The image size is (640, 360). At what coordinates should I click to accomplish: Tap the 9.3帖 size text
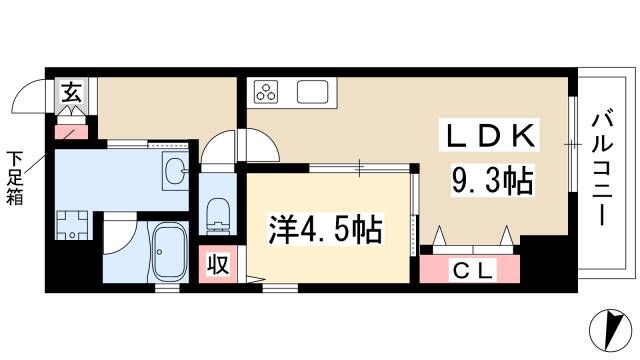tap(489, 182)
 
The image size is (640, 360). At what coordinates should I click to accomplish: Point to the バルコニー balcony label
tap(604, 167)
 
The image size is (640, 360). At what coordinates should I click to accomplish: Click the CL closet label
tap(471, 268)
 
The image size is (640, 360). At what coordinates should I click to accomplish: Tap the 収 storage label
tap(215, 265)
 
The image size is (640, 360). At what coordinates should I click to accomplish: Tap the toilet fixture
tap(214, 213)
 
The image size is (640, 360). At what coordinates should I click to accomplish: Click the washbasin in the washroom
tap(174, 172)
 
